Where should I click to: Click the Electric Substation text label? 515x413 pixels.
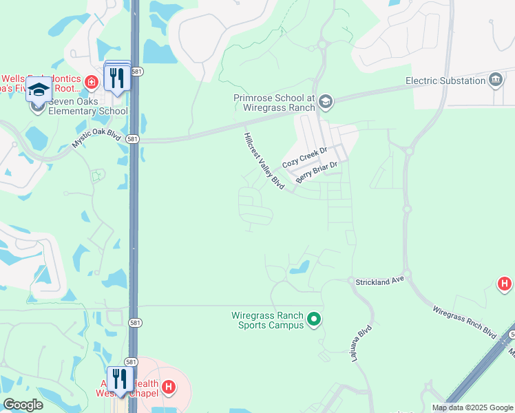(445, 81)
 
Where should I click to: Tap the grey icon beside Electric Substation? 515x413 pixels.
(496, 81)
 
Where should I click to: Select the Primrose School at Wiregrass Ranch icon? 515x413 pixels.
(326, 103)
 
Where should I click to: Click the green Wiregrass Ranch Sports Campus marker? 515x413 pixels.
(314, 319)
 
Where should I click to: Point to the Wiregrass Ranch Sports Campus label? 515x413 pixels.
(267, 320)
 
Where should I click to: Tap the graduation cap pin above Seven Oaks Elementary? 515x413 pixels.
(39, 90)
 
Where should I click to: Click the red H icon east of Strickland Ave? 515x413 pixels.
(505, 284)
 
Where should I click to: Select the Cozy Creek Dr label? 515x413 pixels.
(304, 158)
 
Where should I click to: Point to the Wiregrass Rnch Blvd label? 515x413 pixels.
(465, 321)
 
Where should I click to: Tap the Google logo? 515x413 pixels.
(23, 405)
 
